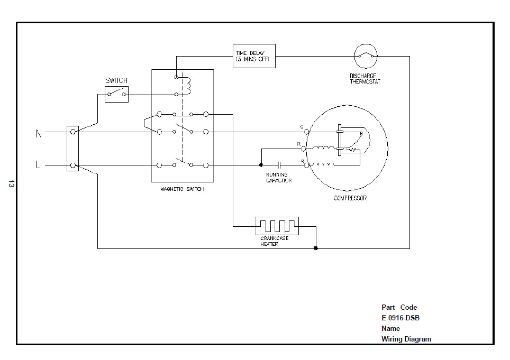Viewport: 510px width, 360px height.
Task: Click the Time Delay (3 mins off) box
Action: pyautogui.click(x=254, y=56)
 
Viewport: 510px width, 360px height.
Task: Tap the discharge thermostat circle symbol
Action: pyautogui.click(x=365, y=56)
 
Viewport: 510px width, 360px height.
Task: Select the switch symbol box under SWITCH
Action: pyautogui.click(x=116, y=95)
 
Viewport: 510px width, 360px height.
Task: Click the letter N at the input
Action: pyautogui.click(x=39, y=134)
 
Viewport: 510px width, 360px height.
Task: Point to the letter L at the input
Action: pyautogui.click(x=38, y=165)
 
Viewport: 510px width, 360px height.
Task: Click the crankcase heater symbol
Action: pyautogui.click(x=277, y=226)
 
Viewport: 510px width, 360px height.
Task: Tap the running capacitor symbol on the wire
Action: pyautogui.click(x=280, y=165)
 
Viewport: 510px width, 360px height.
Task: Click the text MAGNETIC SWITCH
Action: pyautogui.click(x=182, y=189)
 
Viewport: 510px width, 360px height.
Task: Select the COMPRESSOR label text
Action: pyautogui.click(x=350, y=198)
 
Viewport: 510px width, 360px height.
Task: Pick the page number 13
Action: pyautogui.click(x=11, y=184)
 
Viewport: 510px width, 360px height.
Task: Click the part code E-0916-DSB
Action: pyautogui.click(x=400, y=318)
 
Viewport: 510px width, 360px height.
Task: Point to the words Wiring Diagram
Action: pyautogui.click(x=406, y=339)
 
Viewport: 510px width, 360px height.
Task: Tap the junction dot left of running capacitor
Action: pyautogui.click(x=261, y=165)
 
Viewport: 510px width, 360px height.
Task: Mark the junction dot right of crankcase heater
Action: pyautogui.click(x=316, y=248)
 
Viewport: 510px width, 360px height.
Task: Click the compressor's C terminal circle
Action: pyautogui.click(x=306, y=131)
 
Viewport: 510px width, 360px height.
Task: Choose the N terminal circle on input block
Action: pyautogui.click(x=73, y=132)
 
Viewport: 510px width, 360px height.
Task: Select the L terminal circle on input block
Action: pyautogui.click(x=73, y=165)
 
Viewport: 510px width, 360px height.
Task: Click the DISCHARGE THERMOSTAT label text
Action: pyautogui.click(x=365, y=79)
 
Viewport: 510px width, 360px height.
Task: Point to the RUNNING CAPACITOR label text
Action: pyautogui.click(x=278, y=178)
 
